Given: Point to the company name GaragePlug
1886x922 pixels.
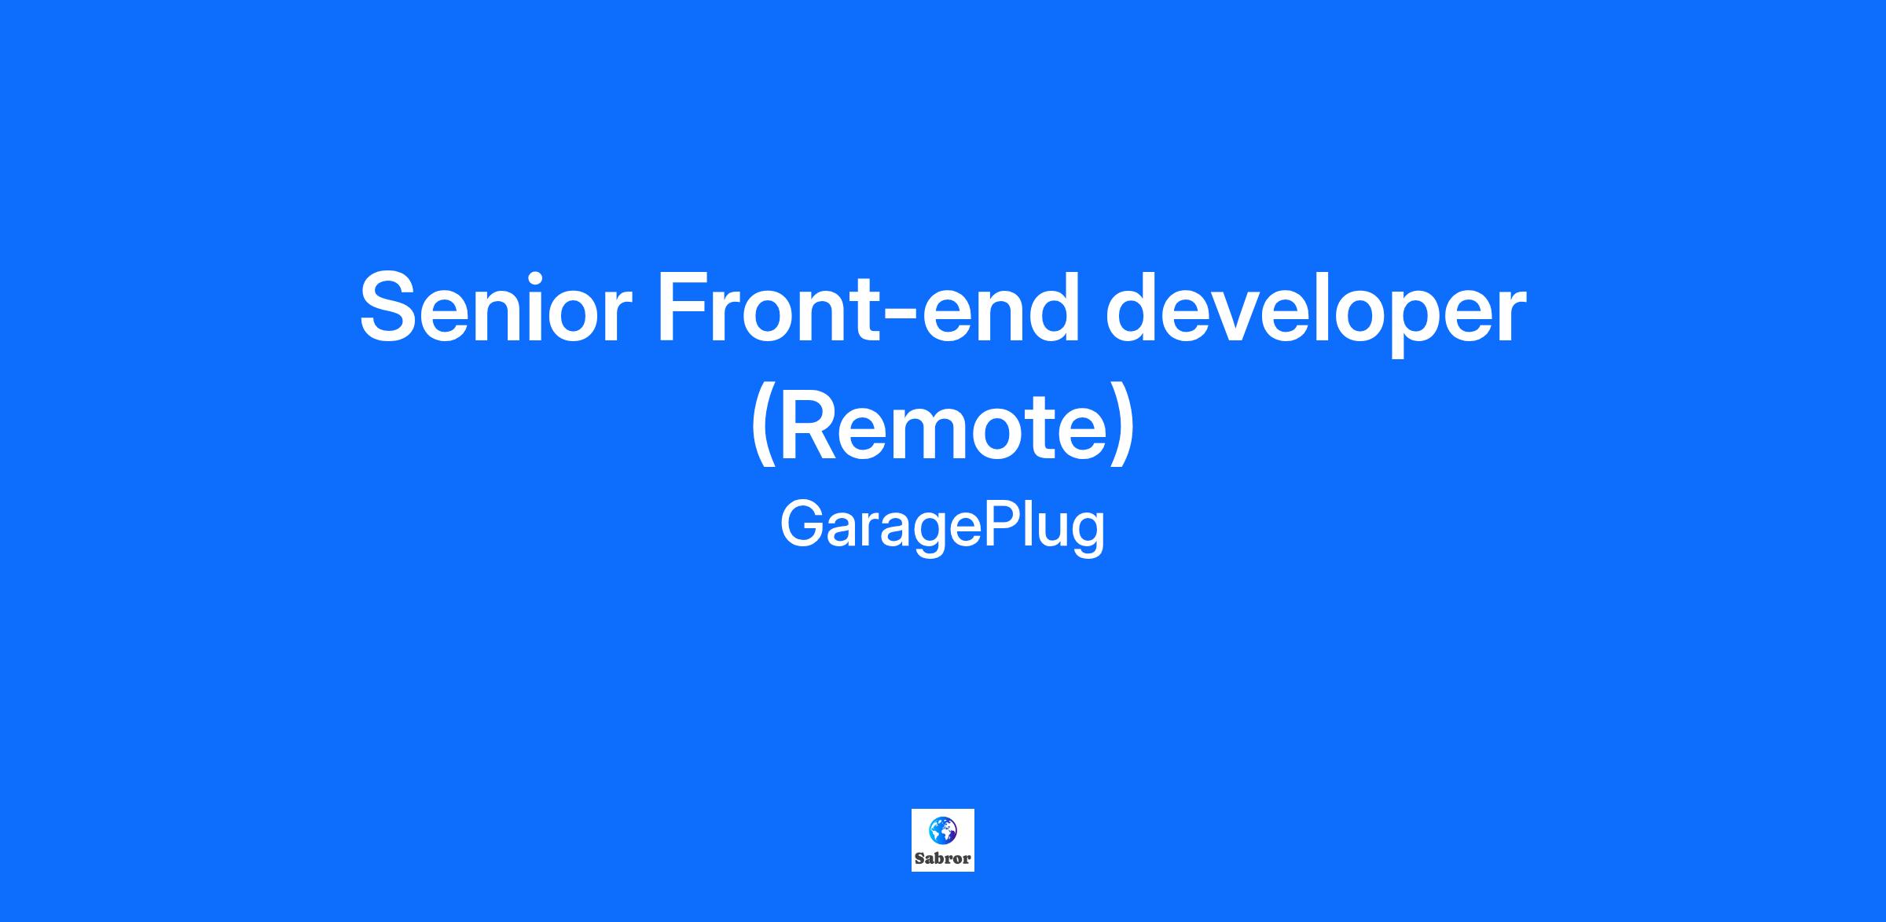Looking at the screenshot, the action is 943,527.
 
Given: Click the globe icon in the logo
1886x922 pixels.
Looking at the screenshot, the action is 943,829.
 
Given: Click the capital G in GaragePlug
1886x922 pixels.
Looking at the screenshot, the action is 804,524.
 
